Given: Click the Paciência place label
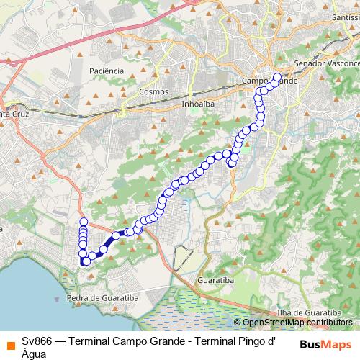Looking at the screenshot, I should (107, 71).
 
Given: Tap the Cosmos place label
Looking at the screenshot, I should (153, 91).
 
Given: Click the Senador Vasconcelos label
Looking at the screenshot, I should (328, 63).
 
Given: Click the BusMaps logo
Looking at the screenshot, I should (326, 343).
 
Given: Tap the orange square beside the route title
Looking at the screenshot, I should (8, 343).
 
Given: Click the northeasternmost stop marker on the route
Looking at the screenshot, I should (277, 77).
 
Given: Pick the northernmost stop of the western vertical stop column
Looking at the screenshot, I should (84, 222).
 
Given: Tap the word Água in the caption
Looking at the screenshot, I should (34, 354).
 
